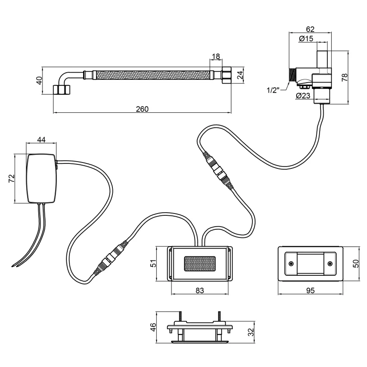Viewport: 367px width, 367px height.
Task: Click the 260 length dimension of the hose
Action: pos(142,109)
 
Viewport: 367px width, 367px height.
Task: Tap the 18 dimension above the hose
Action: pos(216,56)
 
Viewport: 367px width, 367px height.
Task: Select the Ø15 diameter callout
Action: pos(306,38)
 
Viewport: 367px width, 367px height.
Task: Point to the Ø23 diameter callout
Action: pos(303,96)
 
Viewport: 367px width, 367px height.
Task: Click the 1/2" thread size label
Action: pos(273,90)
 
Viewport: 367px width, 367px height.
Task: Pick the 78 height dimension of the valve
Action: pos(345,77)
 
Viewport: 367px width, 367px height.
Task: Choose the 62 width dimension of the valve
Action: pos(310,29)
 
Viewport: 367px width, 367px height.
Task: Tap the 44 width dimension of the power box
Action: pos(42,139)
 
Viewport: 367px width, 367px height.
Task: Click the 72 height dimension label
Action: pos(11,179)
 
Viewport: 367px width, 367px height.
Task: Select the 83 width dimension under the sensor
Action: pos(200,290)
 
